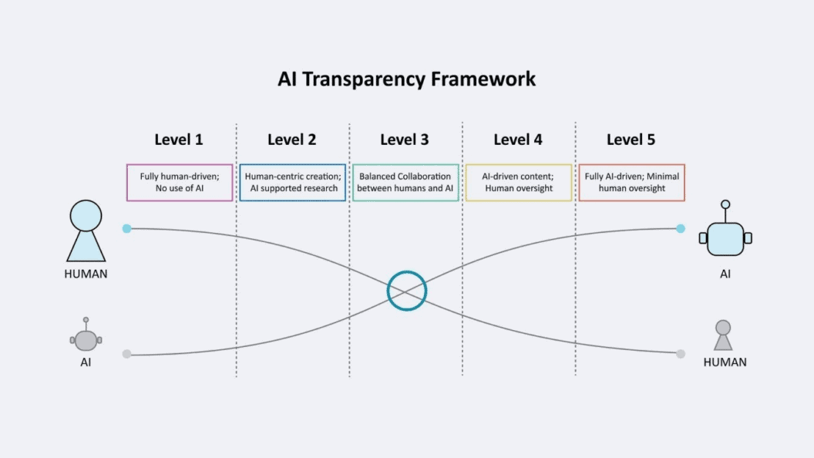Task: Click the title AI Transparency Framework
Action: [x=406, y=79]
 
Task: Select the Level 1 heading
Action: [x=178, y=140]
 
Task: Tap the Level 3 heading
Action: [x=405, y=140]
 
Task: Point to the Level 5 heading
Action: [x=631, y=140]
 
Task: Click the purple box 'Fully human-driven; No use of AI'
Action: [x=180, y=183]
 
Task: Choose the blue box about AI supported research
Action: [x=292, y=183]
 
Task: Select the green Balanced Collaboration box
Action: [x=405, y=183]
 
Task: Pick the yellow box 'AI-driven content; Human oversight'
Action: [x=519, y=183]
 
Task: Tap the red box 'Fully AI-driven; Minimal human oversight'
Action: [x=631, y=183]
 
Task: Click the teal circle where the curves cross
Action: [x=406, y=291]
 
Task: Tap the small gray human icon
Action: [x=723, y=335]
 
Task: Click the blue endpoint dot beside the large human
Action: [x=126, y=228]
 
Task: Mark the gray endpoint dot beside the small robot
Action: [x=126, y=354]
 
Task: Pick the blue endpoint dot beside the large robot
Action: [x=681, y=228]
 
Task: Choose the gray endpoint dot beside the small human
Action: [x=681, y=354]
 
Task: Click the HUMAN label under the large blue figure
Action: [x=86, y=274]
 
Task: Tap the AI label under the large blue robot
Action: [x=725, y=274]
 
